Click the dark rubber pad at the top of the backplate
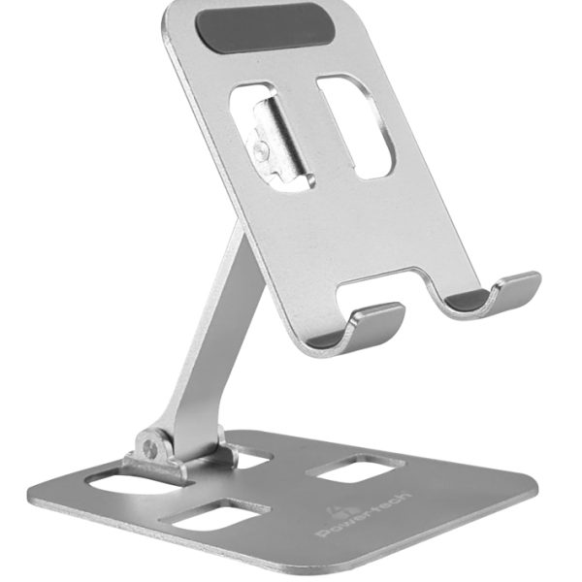pos(265,27)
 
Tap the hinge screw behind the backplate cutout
pos(261,150)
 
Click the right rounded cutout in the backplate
pos(355,126)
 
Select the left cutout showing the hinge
pos(271,137)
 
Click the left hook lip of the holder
pos(374,321)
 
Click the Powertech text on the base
pos(364,515)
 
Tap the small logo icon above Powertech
pos(333,509)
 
